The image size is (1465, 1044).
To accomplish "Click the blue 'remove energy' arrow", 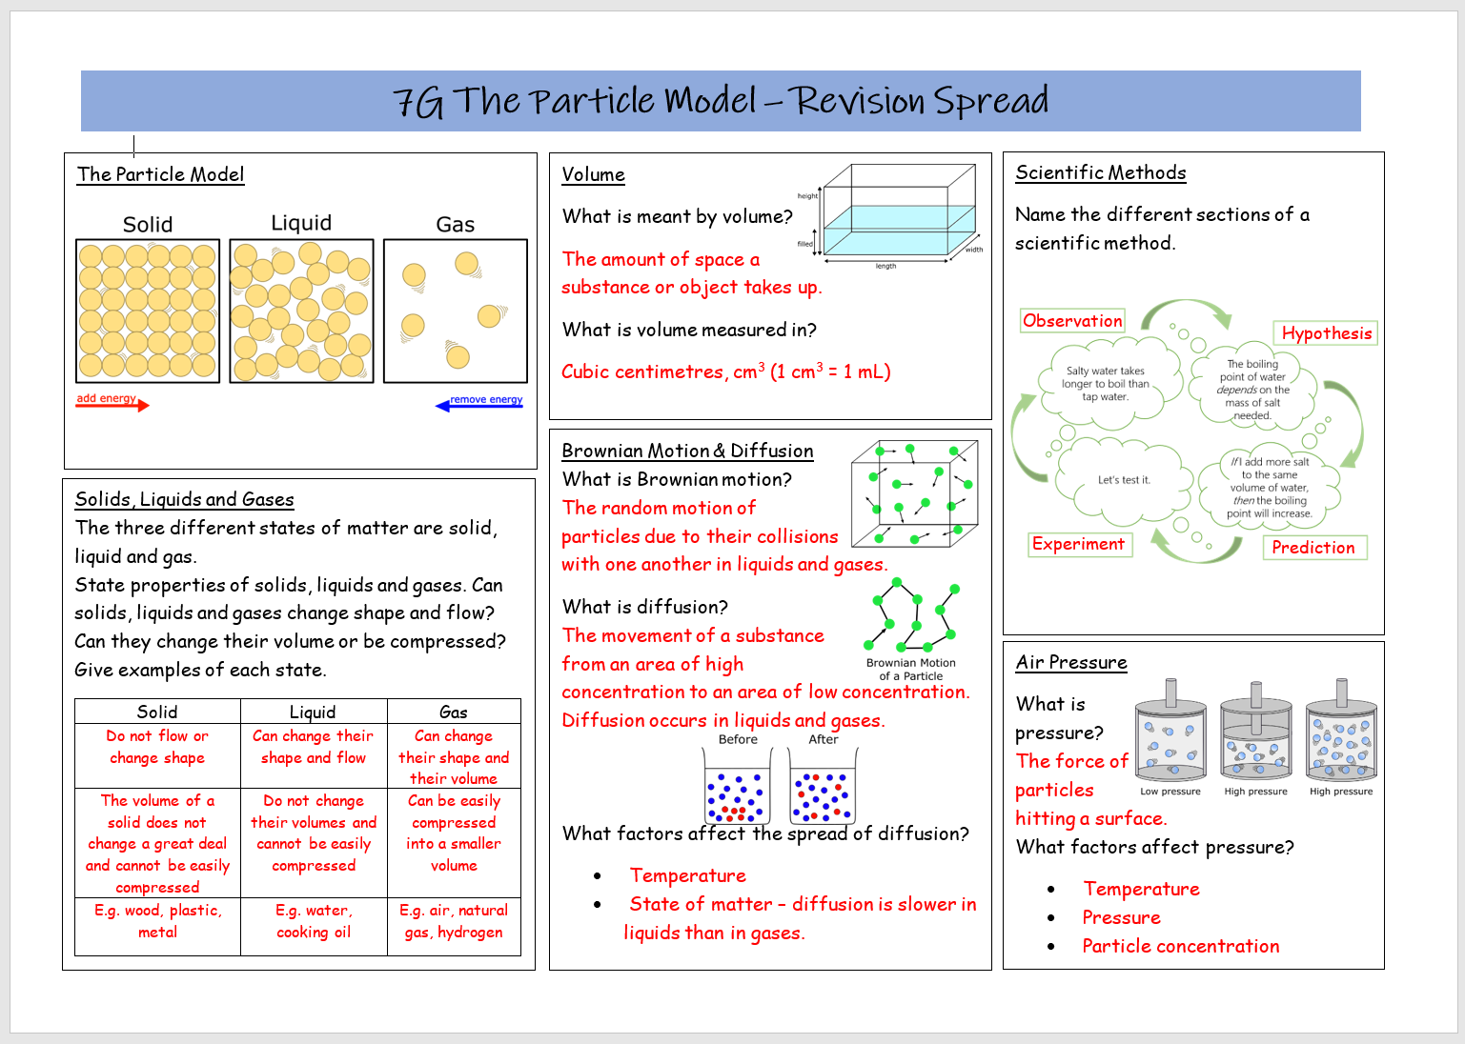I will [478, 404].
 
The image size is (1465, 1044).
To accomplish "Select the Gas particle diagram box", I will [455, 311].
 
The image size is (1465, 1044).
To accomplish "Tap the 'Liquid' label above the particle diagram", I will [301, 223].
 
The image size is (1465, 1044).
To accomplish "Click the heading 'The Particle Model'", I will [160, 174].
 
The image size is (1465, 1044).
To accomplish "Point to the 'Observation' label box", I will [1072, 321].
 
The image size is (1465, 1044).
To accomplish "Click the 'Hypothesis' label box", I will [1326, 333].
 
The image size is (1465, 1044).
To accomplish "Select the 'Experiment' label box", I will [1078, 544].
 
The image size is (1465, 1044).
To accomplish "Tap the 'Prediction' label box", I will [1312, 548].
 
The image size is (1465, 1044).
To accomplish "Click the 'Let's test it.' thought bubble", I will [1124, 481].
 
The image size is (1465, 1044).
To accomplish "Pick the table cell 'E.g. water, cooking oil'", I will [314, 922].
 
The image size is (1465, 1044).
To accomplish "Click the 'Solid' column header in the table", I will [157, 712].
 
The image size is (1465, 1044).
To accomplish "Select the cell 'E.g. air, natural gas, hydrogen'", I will [454, 922].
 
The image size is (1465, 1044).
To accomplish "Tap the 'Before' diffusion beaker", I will [737, 787].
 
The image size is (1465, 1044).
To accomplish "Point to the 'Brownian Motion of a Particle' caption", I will [910, 670].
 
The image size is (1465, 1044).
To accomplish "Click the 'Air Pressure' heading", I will [1071, 662].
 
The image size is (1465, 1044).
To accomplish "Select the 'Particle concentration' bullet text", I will [1180, 946].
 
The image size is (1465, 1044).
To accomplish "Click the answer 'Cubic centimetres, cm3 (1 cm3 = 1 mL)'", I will [725, 371].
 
